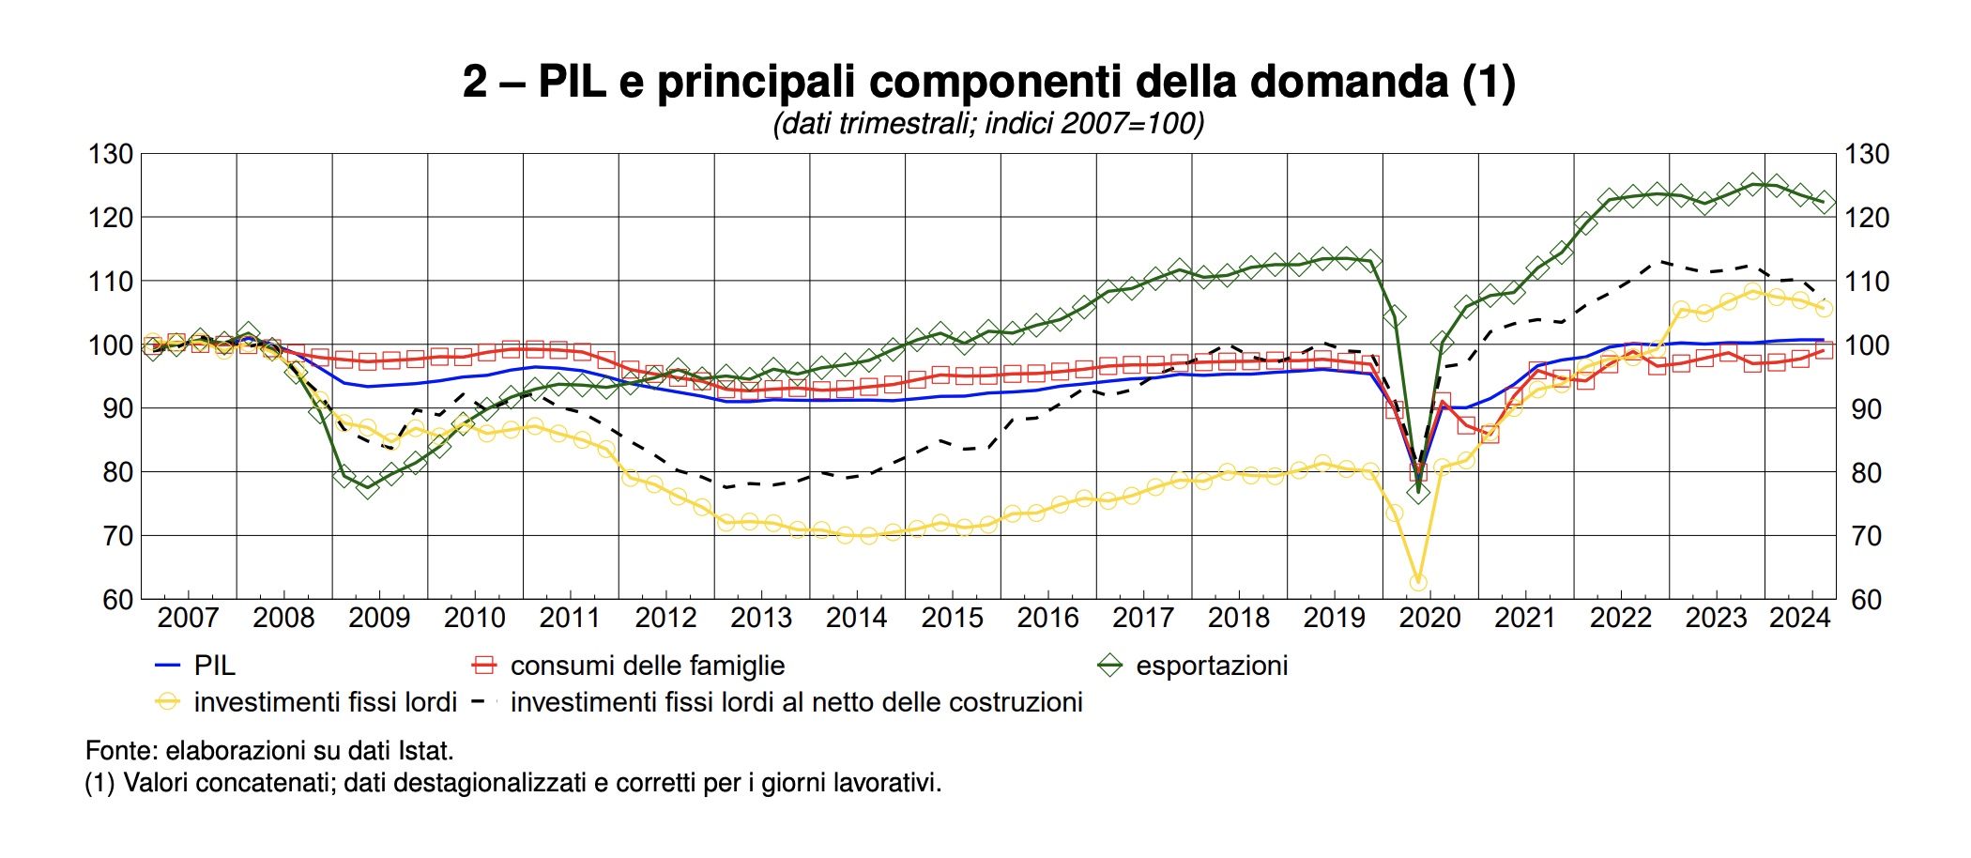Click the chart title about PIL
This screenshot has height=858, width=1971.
click(x=988, y=82)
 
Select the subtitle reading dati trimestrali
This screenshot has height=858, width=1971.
click(x=988, y=124)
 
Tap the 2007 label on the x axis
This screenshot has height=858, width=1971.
click(x=188, y=618)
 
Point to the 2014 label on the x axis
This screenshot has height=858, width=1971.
click(x=856, y=618)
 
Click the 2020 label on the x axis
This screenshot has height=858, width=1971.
click(x=1429, y=618)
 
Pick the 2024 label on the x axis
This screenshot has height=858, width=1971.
click(x=1799, y=618)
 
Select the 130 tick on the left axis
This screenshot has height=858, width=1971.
click(x=111, y=154)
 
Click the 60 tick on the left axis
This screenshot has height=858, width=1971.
click(x=118, y=599)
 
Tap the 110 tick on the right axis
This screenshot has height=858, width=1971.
click(x=1867, y=282)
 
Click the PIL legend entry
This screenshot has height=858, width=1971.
click(x=214, y=666)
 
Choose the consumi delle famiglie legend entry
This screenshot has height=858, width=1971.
click(x=648, y=666)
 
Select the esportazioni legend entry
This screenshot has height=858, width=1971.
click(x=1212, y=666)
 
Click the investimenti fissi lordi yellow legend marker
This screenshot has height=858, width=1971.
click(x=167, y=702)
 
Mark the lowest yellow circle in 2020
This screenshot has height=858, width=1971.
click(x=1418, y=582)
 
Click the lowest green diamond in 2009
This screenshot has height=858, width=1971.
click(x=367, y=486)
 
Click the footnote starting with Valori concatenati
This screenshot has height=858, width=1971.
click(x=512, y=783)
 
